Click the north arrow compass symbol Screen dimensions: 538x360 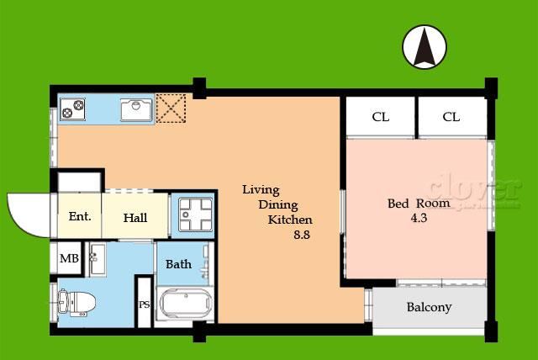[x=425, y=46]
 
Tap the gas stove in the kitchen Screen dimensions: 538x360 [x=73, y=109]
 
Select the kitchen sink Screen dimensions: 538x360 [x=136, y=110]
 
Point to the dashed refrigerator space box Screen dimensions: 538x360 [x=171, y=109]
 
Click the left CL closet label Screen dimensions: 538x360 [x=381, y=117]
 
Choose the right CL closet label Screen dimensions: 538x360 [x=451, y=117]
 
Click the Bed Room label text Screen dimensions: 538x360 [x=419, y=204]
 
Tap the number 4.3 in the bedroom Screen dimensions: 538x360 [x=419, y=218]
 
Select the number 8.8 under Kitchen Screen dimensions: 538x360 [x=302, y=235]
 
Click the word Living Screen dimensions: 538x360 [x=261, y=190]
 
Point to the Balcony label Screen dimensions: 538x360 [x=429, y=307]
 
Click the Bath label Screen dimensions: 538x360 [x=178, y=264]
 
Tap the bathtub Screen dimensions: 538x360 [x=186, y=303]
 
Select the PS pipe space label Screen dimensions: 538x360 [x=145, y=304]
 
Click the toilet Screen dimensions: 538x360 [x=76, y=303]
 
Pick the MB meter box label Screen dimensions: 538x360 [x=69, y=258]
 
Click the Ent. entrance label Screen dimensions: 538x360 [x=80, y=216]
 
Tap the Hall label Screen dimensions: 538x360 [x=135, y=218]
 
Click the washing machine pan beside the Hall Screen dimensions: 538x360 [x=195, y=214]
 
